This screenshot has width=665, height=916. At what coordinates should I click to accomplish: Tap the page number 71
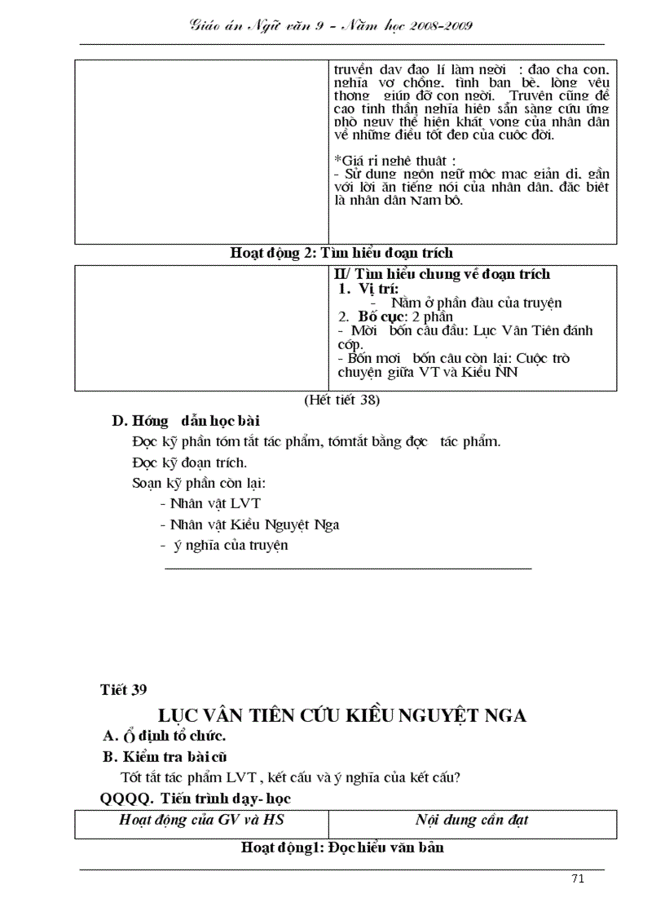point(578,878)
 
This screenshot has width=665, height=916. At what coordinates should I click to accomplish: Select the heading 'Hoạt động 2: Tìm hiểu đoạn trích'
point(341,253)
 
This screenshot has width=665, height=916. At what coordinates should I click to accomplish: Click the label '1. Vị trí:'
point(368,288)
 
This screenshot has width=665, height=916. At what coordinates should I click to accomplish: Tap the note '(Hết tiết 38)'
point(341,400)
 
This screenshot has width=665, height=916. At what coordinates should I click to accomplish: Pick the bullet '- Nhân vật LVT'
point(210,503)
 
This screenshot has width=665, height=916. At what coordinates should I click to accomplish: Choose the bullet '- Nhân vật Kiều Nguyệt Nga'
point(249,524)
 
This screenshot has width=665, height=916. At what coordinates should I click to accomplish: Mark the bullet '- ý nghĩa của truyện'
point(224,545)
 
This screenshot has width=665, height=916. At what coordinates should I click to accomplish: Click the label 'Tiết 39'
point(123,690)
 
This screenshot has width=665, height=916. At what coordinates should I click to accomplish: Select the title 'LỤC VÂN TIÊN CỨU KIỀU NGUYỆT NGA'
point(342,715)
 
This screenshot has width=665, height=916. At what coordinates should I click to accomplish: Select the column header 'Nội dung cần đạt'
point(470,820)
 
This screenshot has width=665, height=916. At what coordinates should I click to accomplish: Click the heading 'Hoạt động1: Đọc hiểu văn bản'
point(342,847)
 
